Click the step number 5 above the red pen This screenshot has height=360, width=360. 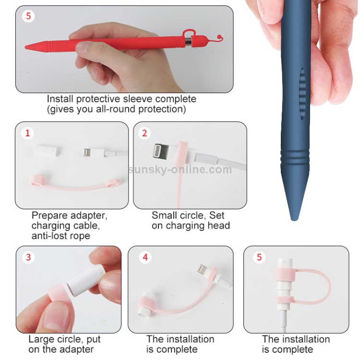point(28,16)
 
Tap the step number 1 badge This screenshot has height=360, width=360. point(27,133)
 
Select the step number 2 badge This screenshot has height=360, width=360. point(144,133)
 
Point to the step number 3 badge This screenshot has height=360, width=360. point(28,257)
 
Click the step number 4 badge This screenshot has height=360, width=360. point(145,257)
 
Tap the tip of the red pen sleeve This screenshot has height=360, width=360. point(25,47)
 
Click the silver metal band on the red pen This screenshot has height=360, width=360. point(188,42)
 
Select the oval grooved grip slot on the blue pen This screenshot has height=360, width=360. point(302,95)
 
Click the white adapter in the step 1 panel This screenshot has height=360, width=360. point(48,150)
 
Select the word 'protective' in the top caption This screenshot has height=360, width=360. point(98,99)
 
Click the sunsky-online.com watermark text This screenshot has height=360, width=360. point(180,170)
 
